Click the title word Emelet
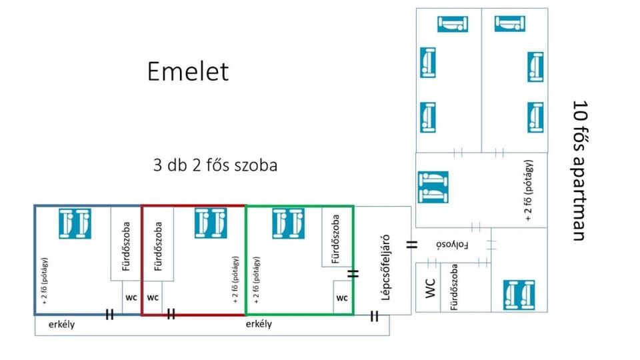[x=188, y=71]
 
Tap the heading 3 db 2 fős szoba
[x=215, y=165]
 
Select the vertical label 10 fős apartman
[x=579, y=171]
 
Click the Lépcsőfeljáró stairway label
[x=385, y=267]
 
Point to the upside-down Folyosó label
[x=452, y=245]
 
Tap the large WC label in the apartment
[x=430, y=289]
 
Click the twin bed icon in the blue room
[x=75, y=223]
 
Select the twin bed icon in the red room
[x=211, y=223]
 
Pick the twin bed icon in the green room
[x=288, y=223]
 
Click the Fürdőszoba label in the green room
[x=335, y=239]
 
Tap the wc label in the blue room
[x=131, y=297]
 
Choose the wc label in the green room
[x=342, y=298]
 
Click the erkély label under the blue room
[x=61, y=325]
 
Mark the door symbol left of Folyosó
[x=412, y=245]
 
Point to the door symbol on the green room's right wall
[x=353, y=273]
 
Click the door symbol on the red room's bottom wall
[x=171, y=314]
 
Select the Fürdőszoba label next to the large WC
[x=454, y=287]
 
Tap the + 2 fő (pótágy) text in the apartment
[x=529, y=191]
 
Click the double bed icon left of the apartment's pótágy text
[x=433, y=187]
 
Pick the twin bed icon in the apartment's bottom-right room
[x=519, y=295]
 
